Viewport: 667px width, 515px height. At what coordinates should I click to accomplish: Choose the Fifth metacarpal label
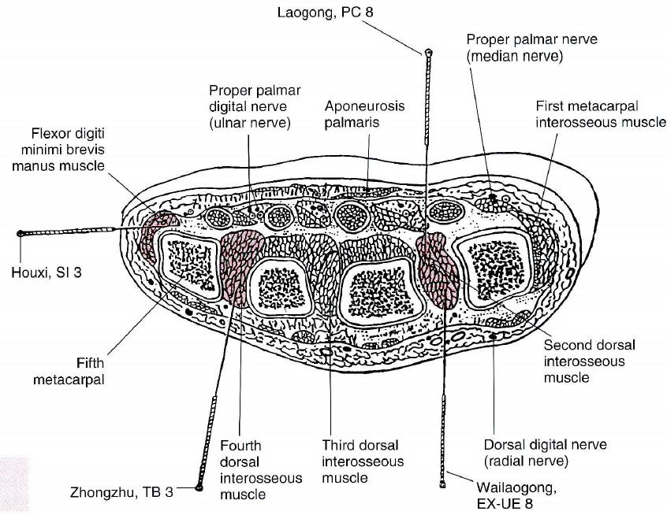coord(69,372)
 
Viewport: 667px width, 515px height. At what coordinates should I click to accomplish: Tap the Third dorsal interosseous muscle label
coord(363,461)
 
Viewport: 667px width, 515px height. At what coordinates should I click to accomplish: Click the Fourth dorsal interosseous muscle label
coord(260,469)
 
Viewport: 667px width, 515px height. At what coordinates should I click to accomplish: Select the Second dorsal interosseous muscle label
coord(590,361)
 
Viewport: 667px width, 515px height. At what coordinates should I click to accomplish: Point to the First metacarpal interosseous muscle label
coord(600,113)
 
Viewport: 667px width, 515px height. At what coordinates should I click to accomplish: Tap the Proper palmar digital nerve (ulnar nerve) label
coord(249,107)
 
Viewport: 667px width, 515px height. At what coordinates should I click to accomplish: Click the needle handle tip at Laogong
coord(428,54)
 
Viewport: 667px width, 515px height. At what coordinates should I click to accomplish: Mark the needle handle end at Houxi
coord(20,233)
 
